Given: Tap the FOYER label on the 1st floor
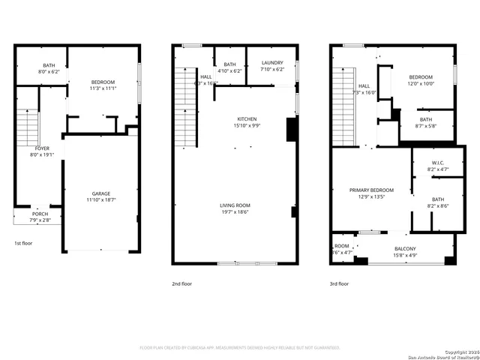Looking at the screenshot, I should pos(42,148).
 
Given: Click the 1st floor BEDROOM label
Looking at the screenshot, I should pos(103,81).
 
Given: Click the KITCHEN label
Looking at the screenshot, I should pos(247,119).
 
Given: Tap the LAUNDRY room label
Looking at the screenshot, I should pos(271,64).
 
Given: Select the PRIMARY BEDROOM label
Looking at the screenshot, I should pos(367,190).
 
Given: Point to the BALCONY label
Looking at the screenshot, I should pos(405,249).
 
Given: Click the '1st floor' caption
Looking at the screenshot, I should pos(23,243).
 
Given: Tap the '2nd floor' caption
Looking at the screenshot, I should pos(181,284).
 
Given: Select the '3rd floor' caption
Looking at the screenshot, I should pos(339,284).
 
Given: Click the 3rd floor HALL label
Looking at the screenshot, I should pos(364,85).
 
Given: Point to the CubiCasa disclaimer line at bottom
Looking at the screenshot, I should pos(240,348).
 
